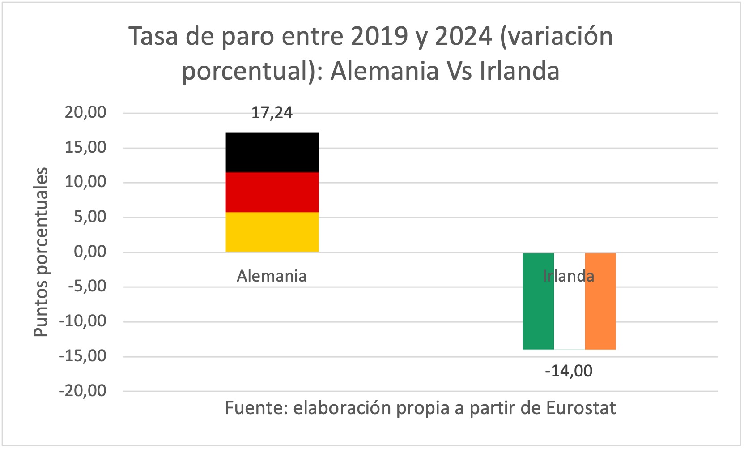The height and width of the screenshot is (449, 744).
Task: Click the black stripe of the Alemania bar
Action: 272,152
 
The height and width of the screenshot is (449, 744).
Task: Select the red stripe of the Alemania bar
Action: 272,192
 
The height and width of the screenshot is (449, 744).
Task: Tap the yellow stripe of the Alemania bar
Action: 272,232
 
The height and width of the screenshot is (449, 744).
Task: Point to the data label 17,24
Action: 272,113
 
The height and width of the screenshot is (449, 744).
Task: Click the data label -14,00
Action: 569,371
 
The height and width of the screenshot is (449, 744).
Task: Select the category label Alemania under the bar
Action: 272,276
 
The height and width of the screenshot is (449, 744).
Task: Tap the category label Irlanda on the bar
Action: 569,276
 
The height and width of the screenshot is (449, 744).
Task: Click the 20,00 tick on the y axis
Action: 85,112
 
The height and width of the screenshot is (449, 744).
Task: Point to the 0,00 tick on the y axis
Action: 90,252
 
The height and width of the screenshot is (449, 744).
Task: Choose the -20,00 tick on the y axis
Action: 83,391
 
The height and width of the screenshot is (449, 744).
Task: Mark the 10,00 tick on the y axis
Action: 85,182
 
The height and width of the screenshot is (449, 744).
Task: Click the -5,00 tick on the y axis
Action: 87,287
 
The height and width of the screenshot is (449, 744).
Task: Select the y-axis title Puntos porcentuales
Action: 41,252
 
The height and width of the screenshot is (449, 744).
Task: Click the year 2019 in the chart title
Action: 379,37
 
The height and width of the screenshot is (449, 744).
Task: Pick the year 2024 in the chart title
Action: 463,37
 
